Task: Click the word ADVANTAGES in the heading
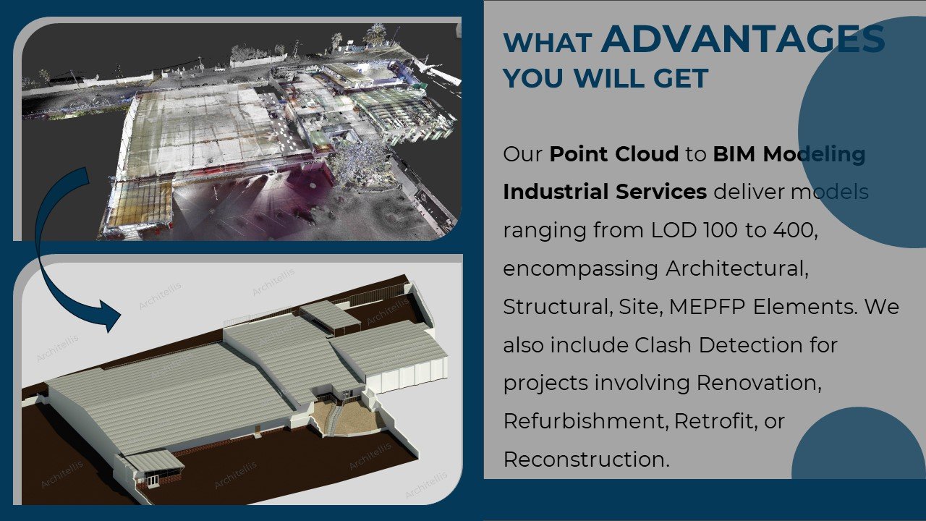coord(742,39)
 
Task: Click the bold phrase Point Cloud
coord(613,154)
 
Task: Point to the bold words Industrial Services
coord(605,192)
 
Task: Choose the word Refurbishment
coord(585,421)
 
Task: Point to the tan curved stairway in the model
coord(334,418)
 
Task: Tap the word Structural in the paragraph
coord(554,306)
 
